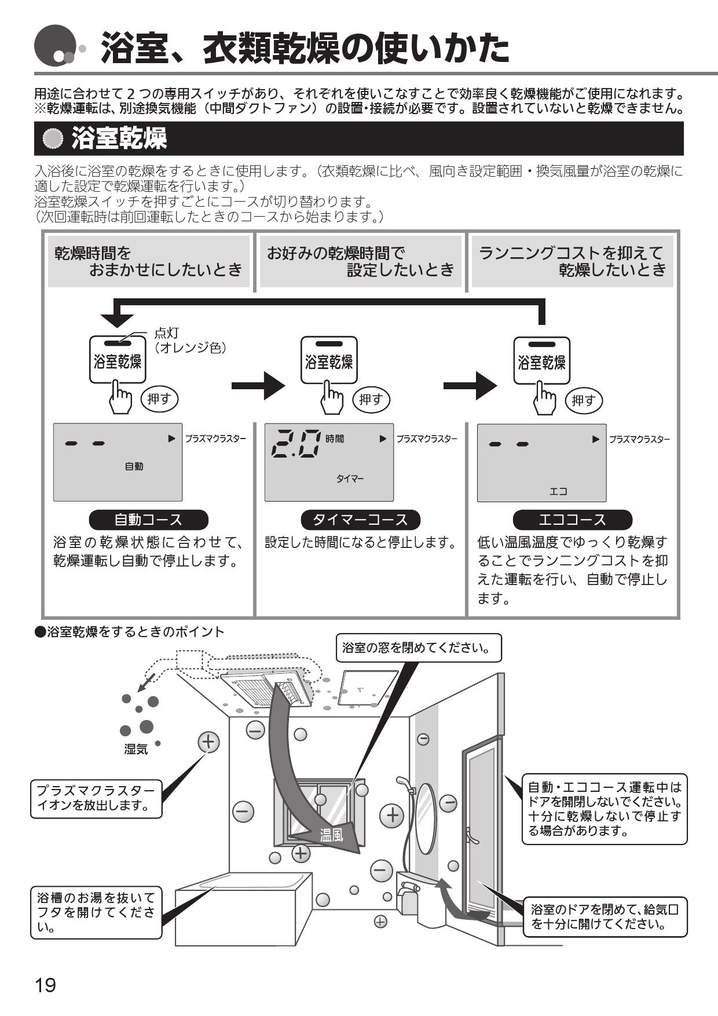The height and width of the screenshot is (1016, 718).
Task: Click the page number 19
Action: [46, 984]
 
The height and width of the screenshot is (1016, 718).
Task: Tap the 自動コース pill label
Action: [148, 520]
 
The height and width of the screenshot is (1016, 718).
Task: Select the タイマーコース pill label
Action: [360, 520]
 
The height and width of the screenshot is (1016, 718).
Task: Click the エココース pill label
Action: [572, 520]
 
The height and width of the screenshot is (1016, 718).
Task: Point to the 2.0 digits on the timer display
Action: [296, 443]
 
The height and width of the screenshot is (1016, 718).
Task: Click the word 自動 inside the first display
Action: [134, 466]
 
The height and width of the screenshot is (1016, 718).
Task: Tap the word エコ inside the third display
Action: [558, 491]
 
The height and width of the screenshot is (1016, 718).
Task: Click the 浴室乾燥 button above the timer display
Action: [329, 360]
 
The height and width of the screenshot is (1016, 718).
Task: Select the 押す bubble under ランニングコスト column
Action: [583, 400]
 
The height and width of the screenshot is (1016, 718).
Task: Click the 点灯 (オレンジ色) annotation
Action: [189, 341]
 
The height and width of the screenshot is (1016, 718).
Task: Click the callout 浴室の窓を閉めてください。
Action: [419, 648]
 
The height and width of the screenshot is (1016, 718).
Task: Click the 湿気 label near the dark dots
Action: [136, 750]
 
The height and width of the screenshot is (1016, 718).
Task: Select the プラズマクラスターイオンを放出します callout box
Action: [96, 798]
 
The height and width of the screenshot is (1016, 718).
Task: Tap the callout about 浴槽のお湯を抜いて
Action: [96, 914]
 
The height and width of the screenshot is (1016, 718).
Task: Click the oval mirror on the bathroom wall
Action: [426, 818]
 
